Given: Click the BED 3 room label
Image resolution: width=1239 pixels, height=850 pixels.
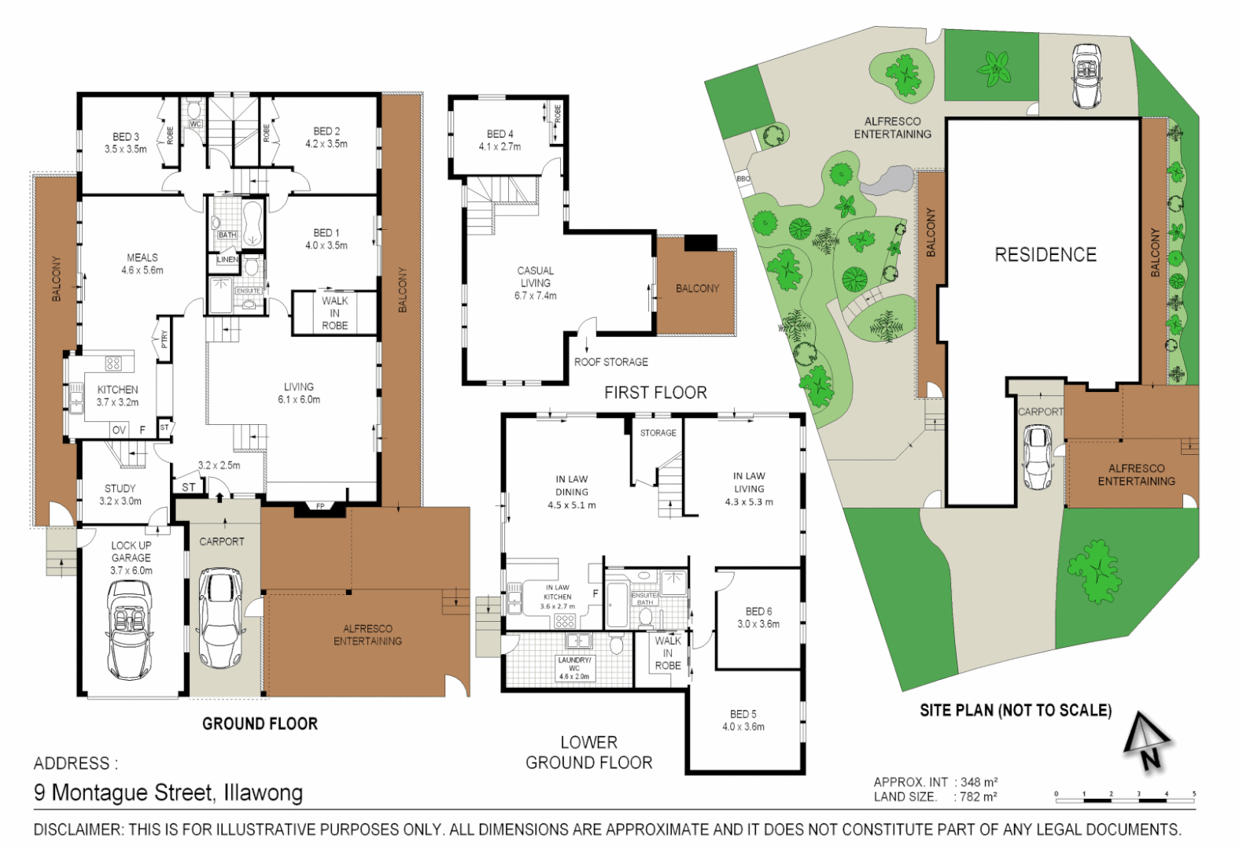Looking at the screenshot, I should [x=125, y=142].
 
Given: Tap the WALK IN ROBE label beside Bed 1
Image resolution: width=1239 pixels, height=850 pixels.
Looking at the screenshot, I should [x=334, y=312].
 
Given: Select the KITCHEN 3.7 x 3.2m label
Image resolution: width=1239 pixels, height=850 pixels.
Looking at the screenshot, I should [x=117, y=396].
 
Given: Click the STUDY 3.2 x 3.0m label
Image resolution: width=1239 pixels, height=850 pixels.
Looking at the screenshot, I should [x=120, y=494].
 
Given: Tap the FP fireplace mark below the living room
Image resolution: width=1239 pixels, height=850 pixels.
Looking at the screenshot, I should [x=320, y=506].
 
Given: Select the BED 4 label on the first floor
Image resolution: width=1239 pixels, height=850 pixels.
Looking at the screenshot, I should [x=500, y=140].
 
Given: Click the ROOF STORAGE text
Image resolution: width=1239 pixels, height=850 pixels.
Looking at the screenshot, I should [x=610, y=362].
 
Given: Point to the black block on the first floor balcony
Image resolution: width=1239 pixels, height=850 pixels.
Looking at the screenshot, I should [x=700, y=243].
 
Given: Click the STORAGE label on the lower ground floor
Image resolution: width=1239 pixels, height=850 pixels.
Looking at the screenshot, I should [x=658, y=433].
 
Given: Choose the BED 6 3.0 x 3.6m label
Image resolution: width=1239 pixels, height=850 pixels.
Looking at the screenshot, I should [x=758, y=618].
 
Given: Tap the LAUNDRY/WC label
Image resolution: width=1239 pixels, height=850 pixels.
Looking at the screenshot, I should [x=573, y=667].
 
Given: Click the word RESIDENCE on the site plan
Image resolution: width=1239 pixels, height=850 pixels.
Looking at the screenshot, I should [x=1045, y=255].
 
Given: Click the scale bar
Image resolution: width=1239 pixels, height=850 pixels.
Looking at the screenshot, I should [x=1125, y=800].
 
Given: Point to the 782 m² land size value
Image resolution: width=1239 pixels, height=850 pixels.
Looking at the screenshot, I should [x=978, y=796].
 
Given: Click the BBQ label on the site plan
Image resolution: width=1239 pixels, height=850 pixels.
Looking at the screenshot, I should [x=743, y=179].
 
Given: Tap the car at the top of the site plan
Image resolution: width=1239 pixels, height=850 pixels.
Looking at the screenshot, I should [x=1086, y=76].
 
